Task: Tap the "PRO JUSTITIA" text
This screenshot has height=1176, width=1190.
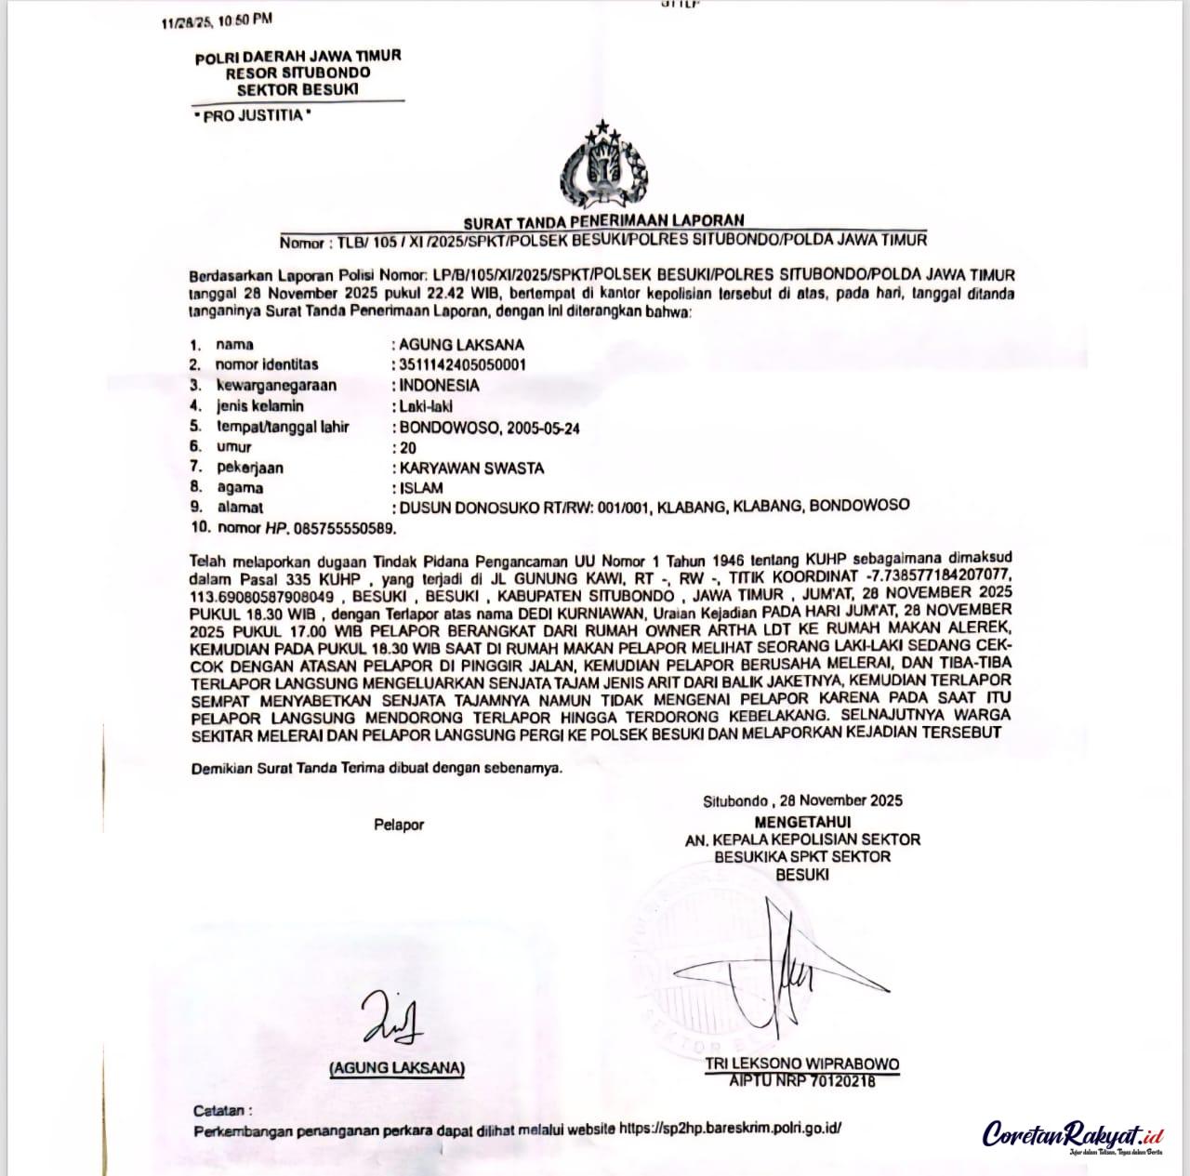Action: click(251, 115)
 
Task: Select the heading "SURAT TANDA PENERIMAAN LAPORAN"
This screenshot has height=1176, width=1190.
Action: click(604, 221)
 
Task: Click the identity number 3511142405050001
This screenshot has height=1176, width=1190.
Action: click(462, 364)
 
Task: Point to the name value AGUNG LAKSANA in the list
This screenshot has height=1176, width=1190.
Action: click(461, 344)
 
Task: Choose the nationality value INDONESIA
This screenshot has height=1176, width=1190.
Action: click(440, 385)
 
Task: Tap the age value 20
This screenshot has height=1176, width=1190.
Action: click(408, 448)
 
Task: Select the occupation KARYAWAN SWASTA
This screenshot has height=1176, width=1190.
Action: click(471, 469)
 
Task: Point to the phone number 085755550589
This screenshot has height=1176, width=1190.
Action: click(344, 528)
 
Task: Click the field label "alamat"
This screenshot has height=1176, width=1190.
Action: click(240, 508)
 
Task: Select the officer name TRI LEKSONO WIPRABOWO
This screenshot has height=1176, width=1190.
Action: click(801, 1064)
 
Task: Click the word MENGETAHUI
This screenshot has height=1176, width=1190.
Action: click(802, 822)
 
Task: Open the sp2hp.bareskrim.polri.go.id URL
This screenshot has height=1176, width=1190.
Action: click(730, 1129)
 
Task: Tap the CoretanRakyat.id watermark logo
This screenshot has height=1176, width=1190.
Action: click(1074, 1135)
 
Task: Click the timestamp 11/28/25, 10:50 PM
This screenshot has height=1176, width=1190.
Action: click(217, 20)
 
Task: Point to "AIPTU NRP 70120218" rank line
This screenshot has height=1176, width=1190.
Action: click(801, 1080)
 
